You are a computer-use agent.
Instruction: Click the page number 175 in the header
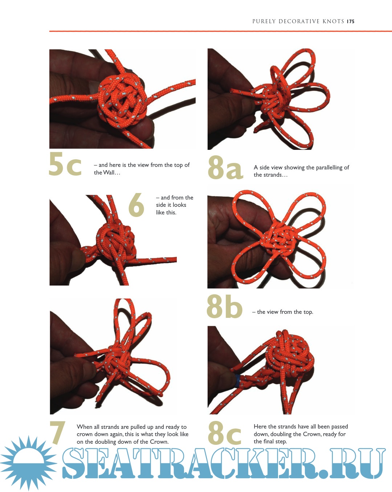click(351, 21)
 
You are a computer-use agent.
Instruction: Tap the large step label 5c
click(65, 164)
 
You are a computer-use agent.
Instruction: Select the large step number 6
click(136, 205)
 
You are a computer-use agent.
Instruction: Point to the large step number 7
click(58, 433)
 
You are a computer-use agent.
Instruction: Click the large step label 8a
click(225, 167)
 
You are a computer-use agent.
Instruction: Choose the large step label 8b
click(224, 306)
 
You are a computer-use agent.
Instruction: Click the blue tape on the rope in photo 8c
click(237, 381)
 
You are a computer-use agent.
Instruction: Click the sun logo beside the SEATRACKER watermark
click(29, 463)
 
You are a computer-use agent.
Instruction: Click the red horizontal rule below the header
click(220, 31)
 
